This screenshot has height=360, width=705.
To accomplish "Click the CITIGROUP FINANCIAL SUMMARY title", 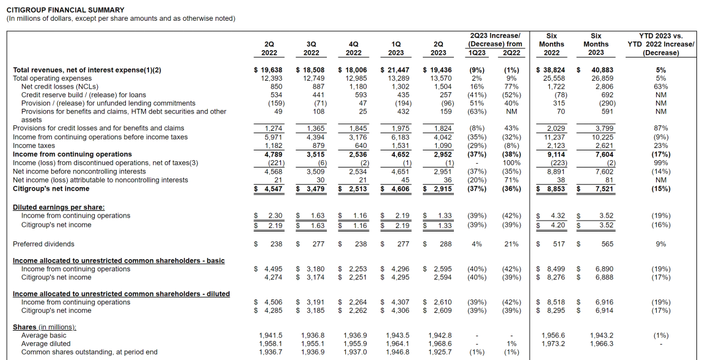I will tap(65, 10).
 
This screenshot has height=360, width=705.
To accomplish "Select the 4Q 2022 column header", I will tap(353, 48).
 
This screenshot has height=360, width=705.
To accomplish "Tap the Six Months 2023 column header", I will tap(596, 44).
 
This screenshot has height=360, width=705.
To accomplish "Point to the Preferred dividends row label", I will tap(43, 244).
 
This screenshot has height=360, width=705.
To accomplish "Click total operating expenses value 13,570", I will tap(441, 78).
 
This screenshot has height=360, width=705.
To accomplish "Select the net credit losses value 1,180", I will tap(357, 87).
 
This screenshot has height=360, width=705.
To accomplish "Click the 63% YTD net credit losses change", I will tap(660, 87).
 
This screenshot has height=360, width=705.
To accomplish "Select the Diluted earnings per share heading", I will tap(59, 207).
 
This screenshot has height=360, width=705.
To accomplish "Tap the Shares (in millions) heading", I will tap(45, 328).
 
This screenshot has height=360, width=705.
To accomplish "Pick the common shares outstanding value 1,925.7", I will tap(440, 352).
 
